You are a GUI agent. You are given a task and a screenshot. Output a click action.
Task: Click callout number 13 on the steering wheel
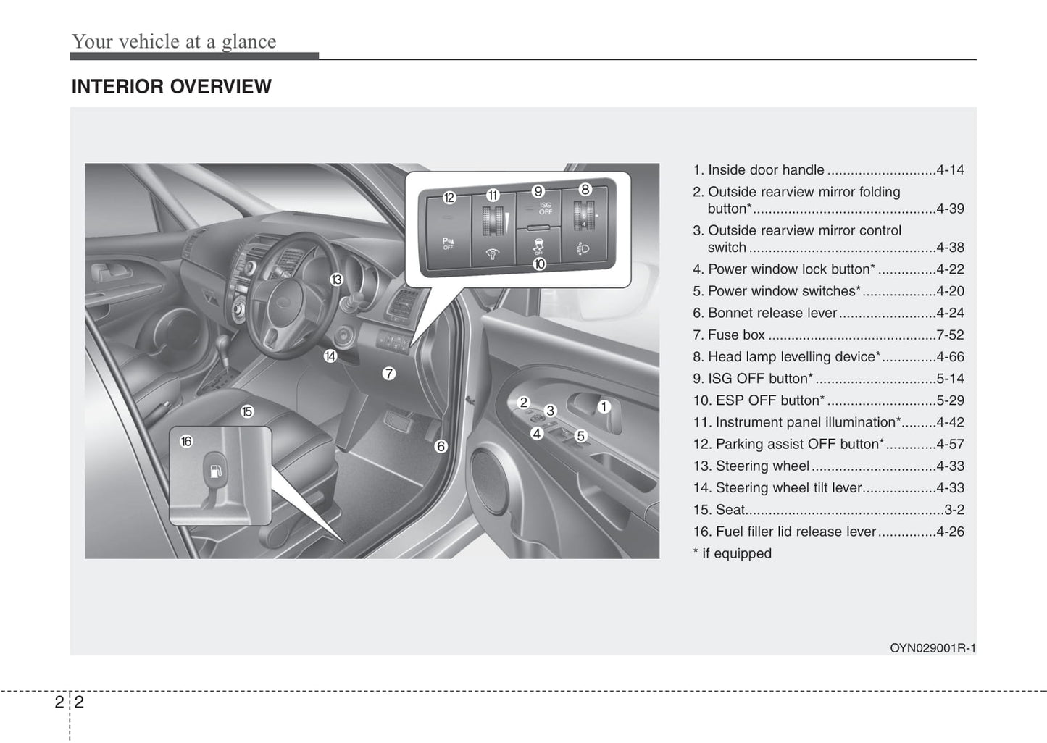336,280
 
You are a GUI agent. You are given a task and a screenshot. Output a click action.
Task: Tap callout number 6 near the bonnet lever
441,447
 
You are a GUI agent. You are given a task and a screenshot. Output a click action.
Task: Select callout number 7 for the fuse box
389,374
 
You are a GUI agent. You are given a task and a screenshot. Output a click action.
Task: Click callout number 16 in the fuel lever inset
186,441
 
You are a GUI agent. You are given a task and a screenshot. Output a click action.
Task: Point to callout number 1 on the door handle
603,407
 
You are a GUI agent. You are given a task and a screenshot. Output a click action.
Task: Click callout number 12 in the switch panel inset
449,198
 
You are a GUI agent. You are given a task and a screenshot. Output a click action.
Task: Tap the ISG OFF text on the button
546,209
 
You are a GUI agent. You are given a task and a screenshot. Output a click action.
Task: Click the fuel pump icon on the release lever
215,472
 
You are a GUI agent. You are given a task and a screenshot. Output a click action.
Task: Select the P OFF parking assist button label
448,243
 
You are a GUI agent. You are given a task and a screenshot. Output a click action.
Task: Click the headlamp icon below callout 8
584,249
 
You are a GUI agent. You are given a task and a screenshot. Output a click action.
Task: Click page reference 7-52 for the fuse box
950,335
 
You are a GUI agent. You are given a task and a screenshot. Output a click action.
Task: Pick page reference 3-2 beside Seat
954,509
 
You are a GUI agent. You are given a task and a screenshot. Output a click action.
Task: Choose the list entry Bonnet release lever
772,313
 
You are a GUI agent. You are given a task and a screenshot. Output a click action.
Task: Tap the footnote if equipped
733,553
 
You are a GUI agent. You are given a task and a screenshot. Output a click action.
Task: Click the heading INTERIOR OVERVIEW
171,86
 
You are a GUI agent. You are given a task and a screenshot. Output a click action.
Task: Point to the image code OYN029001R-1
933,648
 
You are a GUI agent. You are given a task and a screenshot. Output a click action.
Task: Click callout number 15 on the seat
247,411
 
